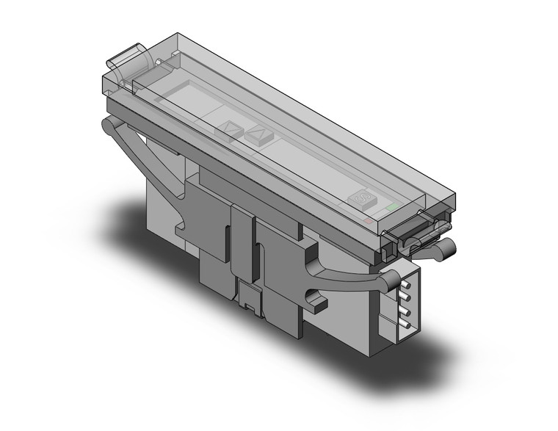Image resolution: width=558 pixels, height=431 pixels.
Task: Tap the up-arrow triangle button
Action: click(258, 134)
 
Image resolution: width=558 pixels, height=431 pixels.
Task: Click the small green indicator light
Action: click(396, 208)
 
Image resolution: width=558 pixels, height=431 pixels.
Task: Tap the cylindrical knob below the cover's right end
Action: click(443, 250)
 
